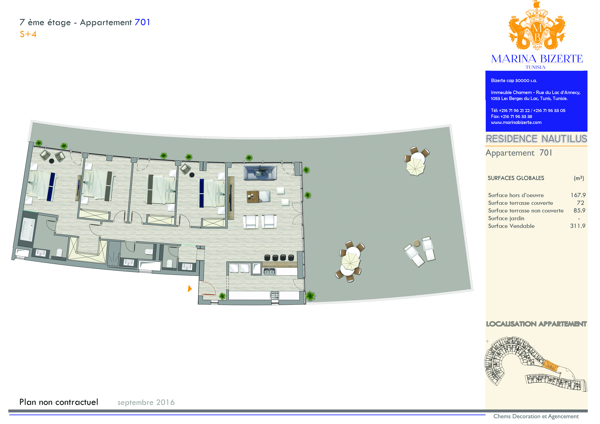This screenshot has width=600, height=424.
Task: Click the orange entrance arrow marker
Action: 190,289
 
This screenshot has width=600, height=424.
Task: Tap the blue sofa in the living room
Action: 260,173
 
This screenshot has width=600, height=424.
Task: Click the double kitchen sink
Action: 269,271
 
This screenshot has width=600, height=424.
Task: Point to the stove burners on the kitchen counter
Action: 274,295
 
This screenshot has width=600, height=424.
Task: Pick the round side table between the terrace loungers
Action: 417,243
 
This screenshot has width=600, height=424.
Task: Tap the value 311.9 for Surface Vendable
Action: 578,226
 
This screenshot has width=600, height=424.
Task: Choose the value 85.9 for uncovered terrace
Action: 579,211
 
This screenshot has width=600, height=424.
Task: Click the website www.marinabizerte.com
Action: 516,123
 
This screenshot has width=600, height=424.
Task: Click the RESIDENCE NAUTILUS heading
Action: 536,139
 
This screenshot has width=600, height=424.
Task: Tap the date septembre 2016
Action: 146,402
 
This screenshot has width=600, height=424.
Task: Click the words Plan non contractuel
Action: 59,402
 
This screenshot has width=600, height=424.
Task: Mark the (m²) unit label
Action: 579,178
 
